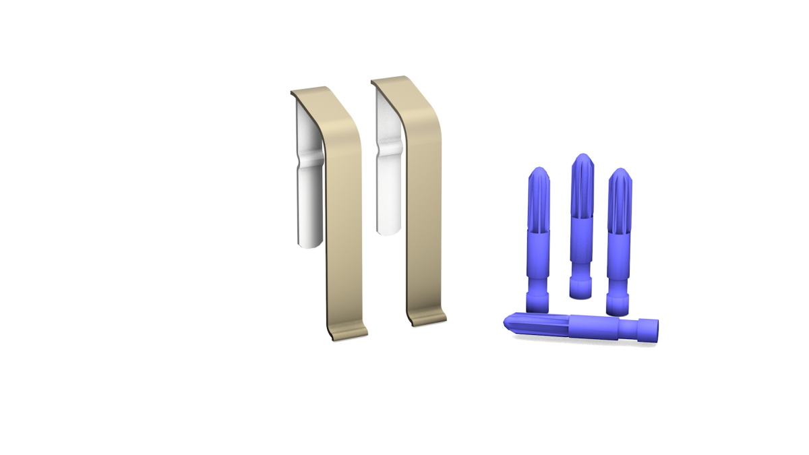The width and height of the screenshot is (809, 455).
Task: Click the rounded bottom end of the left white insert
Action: tap(309, 242)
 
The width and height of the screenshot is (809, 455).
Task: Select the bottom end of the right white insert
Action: tap(389, 230)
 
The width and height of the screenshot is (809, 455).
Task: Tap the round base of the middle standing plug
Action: tap(580, 290)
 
